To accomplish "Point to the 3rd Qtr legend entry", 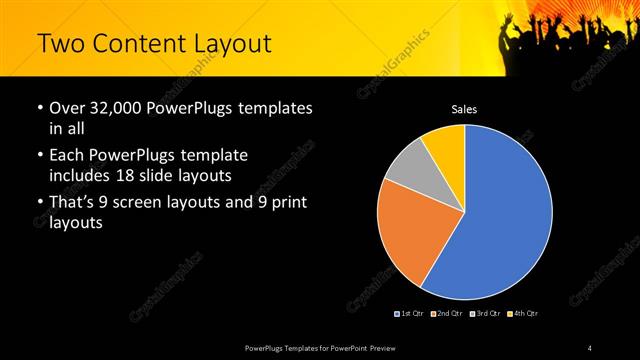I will pos(484,314).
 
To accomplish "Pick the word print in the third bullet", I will pos(287,204).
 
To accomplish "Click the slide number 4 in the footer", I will pos(590,347).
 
